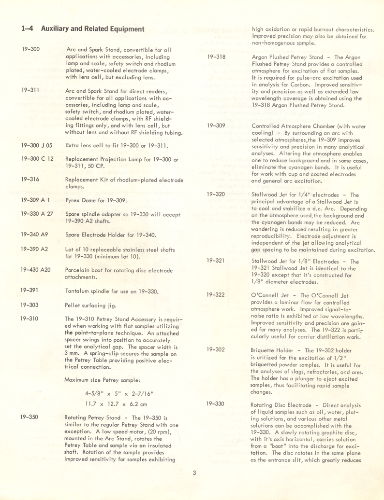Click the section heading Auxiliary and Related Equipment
83,29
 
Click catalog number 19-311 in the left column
30,90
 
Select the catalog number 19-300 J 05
37,145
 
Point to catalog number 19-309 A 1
36,199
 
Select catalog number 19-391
30,290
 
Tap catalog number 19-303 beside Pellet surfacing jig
30,305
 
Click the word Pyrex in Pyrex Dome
73,199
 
